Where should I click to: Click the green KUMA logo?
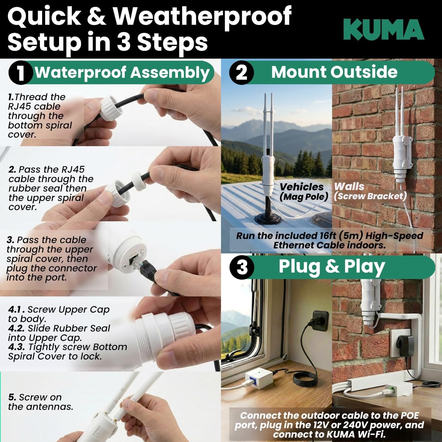click(x=384, y=29)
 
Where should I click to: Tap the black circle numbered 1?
click(x=20, y=72)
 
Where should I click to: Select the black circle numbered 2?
click(x=241, y=72)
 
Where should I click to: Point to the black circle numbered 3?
click(x=242, y=267)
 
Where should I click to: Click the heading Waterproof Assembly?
click(x=122, y=72)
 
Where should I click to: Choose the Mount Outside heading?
click(x=334, y=72)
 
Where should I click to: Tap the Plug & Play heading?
click(x=332, y=267)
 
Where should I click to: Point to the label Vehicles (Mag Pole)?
click(x=304, y=192)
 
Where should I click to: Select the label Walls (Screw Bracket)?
click(x=370, y=191)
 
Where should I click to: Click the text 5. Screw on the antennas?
click(x=41, y=402)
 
